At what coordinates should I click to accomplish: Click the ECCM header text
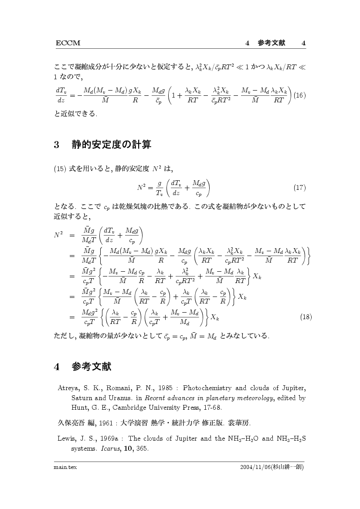[x=68, y=43]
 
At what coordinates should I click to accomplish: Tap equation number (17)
[x=299, y=188]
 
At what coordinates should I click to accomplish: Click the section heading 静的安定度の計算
[x=111, y=145]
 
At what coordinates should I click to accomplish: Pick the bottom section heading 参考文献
[x=92, y=367]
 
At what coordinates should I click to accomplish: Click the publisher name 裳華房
[x=240, y=422]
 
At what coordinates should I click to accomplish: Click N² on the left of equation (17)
[x=141, y=188]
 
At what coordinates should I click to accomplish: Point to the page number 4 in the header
[x=303, y=43]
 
